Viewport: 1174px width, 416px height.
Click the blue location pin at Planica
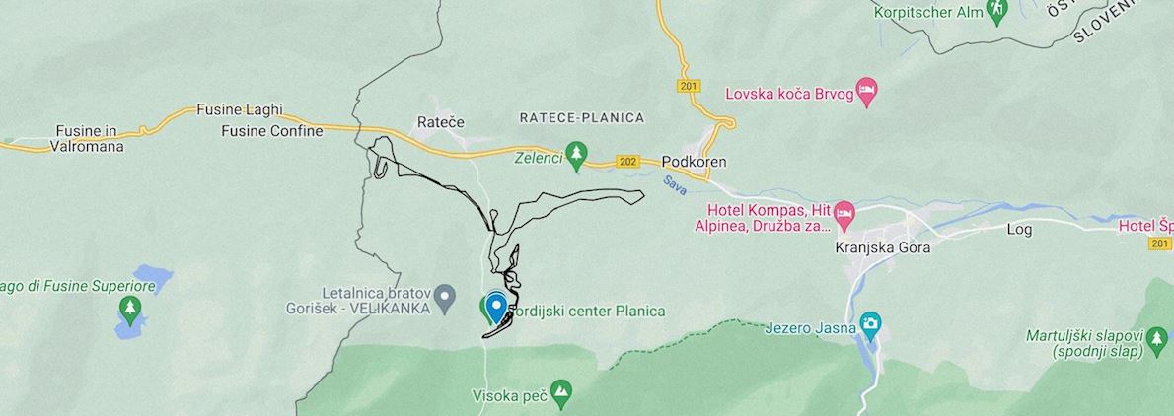click(x=496, y=305)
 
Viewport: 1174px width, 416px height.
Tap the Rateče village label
click(x=440, y=121)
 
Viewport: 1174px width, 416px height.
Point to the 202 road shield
click(x=625, y=161)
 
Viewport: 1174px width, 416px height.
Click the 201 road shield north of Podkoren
click(x=689, y=87)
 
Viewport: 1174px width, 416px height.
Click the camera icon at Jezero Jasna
click(x=870, y=323)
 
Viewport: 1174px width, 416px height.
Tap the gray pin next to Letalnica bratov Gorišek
click(x=445, y=294)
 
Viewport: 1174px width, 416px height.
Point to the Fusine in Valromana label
click(x=86, y=138)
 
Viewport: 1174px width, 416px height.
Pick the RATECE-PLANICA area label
click(x=581, y=117)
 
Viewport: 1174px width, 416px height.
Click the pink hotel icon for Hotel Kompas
click(x=844, y=212)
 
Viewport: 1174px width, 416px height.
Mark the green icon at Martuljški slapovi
click(x=1157, y=342)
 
